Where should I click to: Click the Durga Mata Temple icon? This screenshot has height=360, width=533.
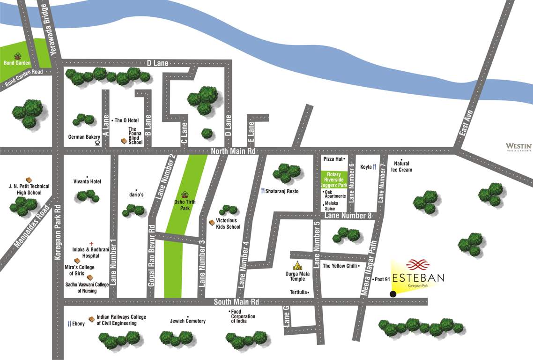point(297,265)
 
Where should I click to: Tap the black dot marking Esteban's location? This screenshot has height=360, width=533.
point(393,294)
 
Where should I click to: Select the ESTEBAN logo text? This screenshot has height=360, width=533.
point(418,277)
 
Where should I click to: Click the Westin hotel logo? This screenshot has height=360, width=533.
point(518,147)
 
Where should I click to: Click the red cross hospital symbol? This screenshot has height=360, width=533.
point(91,244)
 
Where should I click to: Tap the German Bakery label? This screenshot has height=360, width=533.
point(84,137)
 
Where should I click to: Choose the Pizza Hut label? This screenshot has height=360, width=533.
point(333,159)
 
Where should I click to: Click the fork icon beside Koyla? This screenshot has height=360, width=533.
point(375,167)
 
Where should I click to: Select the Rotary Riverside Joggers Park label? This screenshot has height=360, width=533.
point(334,180)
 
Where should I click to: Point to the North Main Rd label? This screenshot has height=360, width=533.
point(233,151)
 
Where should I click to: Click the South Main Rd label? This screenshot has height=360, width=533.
point(237,301)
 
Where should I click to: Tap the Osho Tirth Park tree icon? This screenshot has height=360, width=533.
point(185,195)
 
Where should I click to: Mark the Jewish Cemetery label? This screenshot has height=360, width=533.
point(188,321)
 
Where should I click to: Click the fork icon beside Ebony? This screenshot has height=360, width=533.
point(70,323)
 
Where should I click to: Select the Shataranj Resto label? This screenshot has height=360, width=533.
point(282,191)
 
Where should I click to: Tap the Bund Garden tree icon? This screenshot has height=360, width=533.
point(18,56)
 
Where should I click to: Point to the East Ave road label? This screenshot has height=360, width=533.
point(466,124)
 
